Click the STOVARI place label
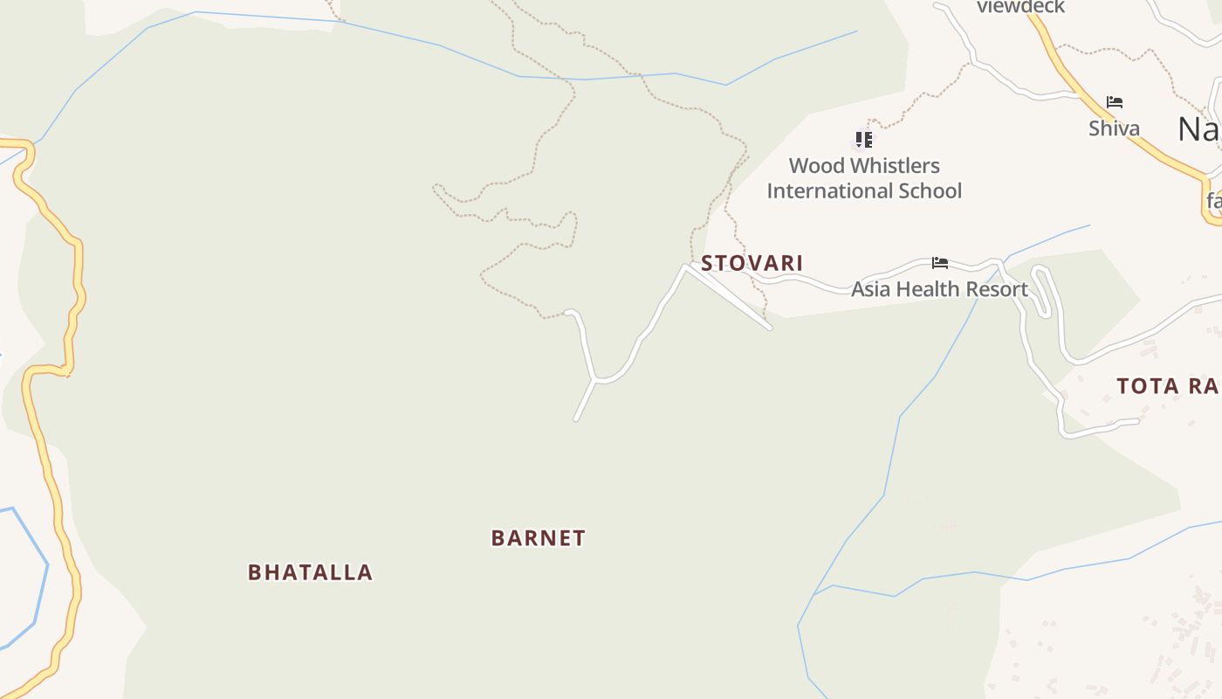pyautogui.click(x=752, y=263)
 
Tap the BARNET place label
pyautogui.click(x=538, y=538)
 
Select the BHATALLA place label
pyautogui.click(x=310, y=572)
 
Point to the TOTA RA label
pyautogui.click(x=1168, y=386)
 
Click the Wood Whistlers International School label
pyautogui.click(x=864, y=178)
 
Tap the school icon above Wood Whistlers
pyautogui.click(x=863, y=140)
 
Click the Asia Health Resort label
pyautogui.click(x=939, y=289)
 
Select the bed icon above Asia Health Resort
pyautogui.click(x=939, y=262)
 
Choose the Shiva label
pyautogui.click(x=1114, y=128)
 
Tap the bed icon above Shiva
pyautogui.click(x=1114, y=102)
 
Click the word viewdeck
pyautogui.click(x=1020, y=7)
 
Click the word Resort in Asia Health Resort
pyautogui.click(x=999, y=289)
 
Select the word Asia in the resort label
pyautogui.click(x=871, y=289)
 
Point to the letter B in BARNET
pyautogui.click(x=498, y=538)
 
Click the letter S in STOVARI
pyautogui.click(x=708, y=263)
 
